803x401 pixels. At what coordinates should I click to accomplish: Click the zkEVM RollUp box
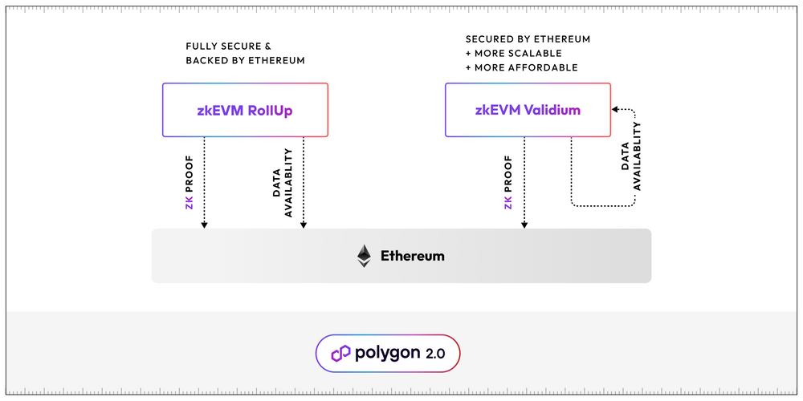(245, 110)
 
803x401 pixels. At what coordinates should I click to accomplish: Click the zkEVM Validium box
(528, 110)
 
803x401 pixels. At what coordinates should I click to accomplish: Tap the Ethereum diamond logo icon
(365, 256)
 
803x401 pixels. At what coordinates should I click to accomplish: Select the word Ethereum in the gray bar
(412, 257)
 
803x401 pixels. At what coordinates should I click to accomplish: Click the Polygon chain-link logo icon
(340, 354)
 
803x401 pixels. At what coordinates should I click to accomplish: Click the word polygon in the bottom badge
(387, 354)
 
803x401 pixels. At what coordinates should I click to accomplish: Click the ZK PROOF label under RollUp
(190, 181)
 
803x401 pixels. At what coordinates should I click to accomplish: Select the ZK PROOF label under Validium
(508, 181)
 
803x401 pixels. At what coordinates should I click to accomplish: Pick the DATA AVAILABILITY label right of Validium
(631, 156)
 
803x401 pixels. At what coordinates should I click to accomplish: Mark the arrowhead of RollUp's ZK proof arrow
(204, 225)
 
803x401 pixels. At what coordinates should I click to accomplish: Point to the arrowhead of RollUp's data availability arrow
(303, 225)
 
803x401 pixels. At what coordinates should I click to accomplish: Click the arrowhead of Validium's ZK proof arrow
(524, 225)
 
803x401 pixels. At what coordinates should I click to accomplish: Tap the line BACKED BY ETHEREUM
(245, 61)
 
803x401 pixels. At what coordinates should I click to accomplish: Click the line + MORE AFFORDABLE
(521, 67)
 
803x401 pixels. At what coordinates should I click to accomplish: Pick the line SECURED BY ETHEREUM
(528, 38)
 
